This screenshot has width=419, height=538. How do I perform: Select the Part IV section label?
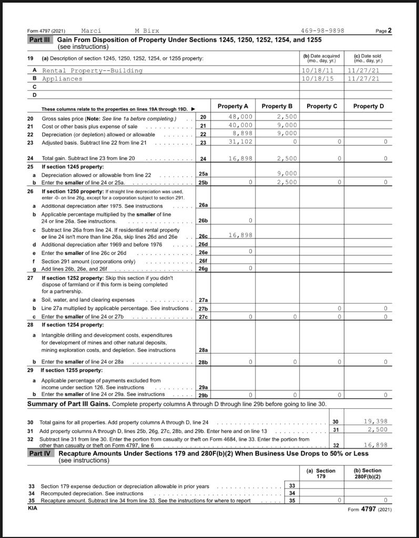(41, 453)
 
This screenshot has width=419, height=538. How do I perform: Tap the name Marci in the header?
(91, 30)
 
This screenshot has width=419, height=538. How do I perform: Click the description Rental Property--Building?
(92, 70)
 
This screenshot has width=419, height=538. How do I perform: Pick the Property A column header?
(233, 106)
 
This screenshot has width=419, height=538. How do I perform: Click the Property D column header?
(369, 106)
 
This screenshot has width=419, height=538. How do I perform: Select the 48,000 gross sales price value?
(241, 117)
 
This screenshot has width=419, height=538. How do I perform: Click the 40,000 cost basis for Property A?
(241, 125)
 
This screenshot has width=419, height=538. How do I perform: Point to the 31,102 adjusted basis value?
(241, 142)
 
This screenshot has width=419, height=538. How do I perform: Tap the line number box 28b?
(203, 362)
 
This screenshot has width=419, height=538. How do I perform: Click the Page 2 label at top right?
(384, 30)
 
